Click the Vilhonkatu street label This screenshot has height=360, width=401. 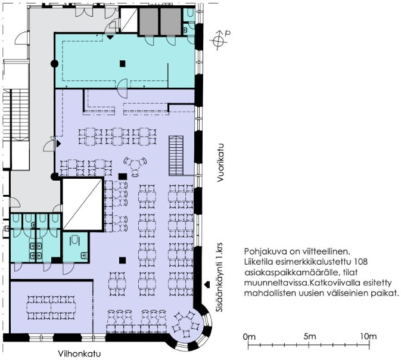tap(79, 354)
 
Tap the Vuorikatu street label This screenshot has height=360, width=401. tap(220, 163)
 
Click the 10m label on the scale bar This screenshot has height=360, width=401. tap(368, 336)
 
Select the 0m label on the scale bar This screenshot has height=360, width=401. tap(249, 337)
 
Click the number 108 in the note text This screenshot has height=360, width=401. tap(360, 262)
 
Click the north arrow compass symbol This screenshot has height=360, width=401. tap(219, 40)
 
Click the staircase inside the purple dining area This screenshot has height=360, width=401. tap(176, 156)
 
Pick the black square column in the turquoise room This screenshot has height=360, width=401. tap(123, 63)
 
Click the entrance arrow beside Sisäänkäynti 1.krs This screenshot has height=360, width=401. tap(207, 284)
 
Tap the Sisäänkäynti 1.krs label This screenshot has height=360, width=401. tap(220, 277)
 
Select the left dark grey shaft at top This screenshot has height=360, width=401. tap(149, 21)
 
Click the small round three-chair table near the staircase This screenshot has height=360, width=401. tap(135, 165)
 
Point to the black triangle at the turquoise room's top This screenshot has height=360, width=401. tap(110, 38)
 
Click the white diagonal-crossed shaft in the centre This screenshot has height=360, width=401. tap(83, 204)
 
